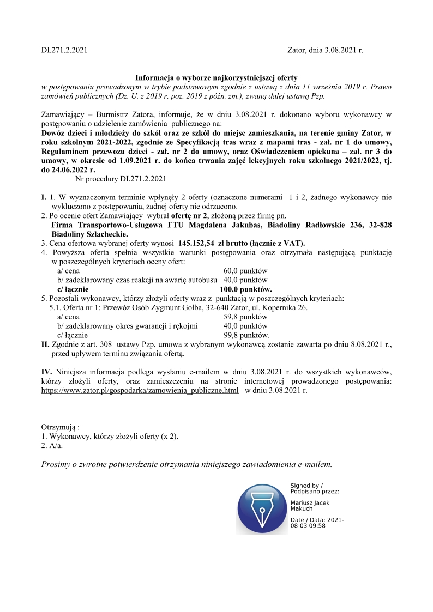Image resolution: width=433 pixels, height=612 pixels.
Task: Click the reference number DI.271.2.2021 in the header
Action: tap(64, 50)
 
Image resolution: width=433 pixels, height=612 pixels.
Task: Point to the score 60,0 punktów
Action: tap(245, 271)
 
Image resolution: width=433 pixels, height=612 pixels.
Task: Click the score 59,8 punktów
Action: tap(245, 317)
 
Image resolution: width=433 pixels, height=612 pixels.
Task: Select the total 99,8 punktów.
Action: tap(246, 335)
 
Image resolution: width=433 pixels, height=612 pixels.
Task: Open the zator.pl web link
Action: tap(140, 391)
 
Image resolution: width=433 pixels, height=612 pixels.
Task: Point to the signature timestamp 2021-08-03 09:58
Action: tap(316, 523)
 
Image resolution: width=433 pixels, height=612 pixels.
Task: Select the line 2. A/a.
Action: tap(52, 445)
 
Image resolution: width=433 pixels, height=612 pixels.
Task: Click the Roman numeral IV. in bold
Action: tap(47, 372)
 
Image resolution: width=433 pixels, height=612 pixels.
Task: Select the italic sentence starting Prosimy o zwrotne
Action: tap(187, 465)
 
